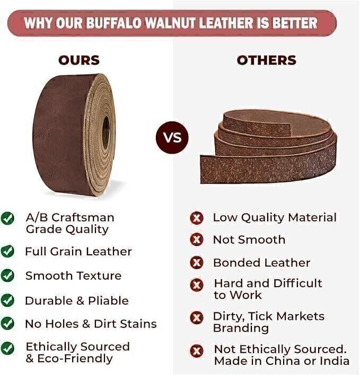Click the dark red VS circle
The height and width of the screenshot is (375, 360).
click(172, 138)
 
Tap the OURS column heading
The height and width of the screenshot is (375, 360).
click(79, 60)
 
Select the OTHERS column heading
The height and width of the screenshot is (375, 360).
click(266, 60)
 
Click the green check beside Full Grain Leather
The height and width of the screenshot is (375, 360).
click(7, 251)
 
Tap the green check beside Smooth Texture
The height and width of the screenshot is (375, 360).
click(7, 275)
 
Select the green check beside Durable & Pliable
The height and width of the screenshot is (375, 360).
click(7, 300)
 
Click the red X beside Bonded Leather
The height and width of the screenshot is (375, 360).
click(197, 262)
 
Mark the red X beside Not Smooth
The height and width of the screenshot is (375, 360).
click(197, 239)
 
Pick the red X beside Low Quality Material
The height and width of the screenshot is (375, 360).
click(197, 218)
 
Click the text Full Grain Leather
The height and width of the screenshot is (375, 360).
click(78, 252)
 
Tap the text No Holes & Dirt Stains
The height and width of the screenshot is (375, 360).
click(91, 324)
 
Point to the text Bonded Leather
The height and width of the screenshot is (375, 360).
click(261, 263)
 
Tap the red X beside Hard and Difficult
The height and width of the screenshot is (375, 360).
click(197, 285)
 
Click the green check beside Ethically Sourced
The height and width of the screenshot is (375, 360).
click(7, 348)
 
